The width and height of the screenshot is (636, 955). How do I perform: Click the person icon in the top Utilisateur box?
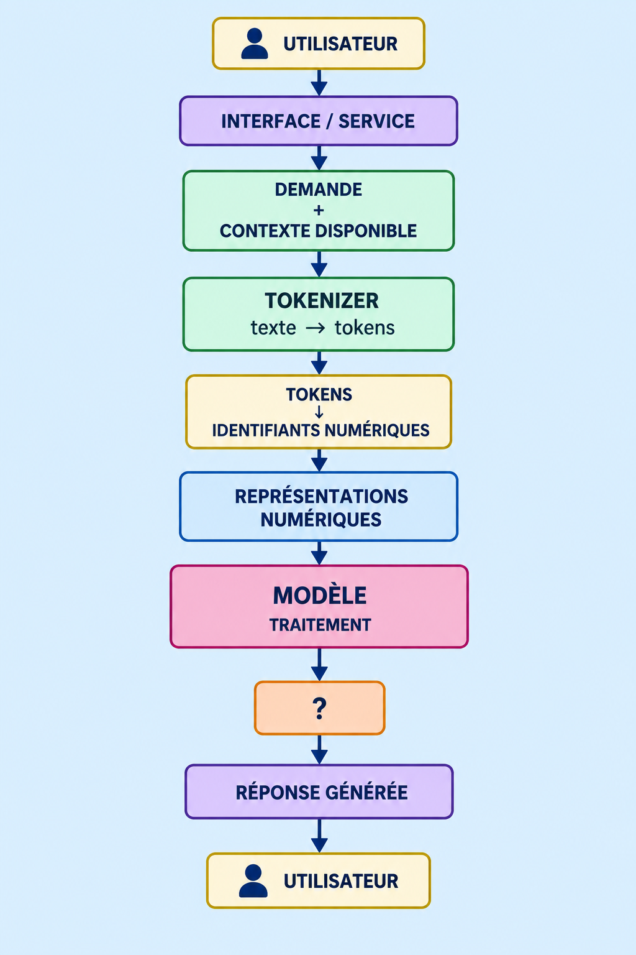(254, 44)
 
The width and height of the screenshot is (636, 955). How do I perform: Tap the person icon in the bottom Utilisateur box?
(253, 881)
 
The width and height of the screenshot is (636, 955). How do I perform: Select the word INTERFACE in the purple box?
(271, 121)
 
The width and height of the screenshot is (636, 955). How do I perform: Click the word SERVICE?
(376, 121)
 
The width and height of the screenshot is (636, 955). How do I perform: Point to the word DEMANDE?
(318, 190)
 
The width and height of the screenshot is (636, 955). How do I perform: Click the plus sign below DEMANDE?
(318, 210)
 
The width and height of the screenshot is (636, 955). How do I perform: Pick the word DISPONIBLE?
(366, 231)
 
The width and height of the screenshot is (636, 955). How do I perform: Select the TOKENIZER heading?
(322, 300)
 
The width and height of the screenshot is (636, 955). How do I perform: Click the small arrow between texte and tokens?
(316, 328)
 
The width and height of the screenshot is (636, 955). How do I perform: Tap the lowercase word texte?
(273, 328)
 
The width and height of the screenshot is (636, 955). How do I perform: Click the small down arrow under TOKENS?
(319, 412)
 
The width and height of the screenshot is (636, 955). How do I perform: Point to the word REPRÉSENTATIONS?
(321, 497)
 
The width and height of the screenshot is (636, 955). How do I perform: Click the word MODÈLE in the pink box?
(319, 596)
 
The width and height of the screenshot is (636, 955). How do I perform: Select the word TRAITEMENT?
(320, 625)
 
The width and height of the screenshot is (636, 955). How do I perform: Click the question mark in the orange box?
(319, 709)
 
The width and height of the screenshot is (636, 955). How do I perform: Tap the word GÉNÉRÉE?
(366, 793)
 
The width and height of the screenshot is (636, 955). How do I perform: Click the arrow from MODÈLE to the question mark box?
(319, 664)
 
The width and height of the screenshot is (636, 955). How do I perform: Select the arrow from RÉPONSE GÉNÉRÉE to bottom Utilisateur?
(319, 836)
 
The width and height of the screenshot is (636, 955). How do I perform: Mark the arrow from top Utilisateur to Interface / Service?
(319, 83)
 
